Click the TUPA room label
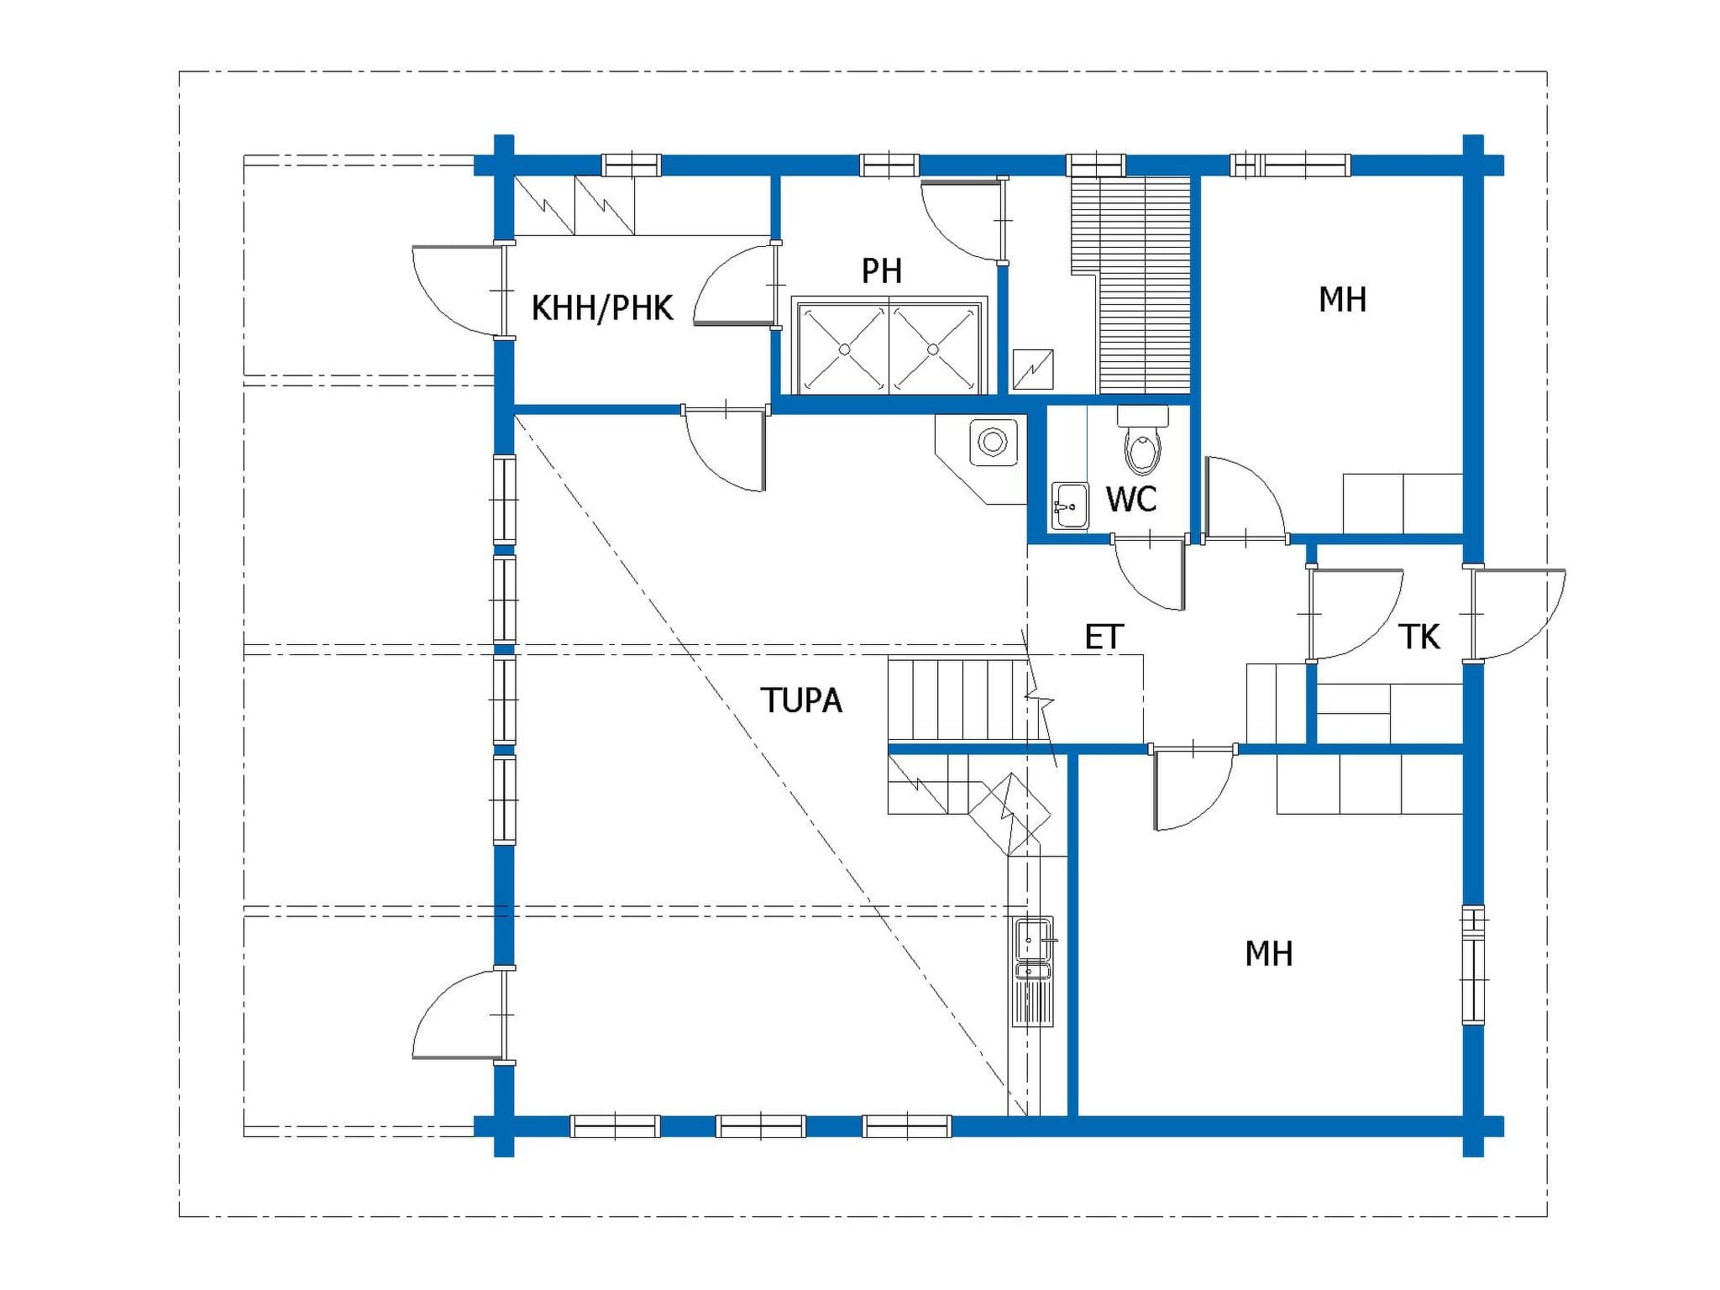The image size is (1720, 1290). pyautogui.click(x=801, y=700)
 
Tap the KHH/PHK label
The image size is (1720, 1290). pyautogui.click(x=602, y=308)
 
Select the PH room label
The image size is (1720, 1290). pyautogui.click(x=882, y=271)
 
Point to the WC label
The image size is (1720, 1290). pyautogui.click(x=1131, y=499)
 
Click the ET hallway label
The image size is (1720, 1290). pyautogui.click(x=1104, y=637)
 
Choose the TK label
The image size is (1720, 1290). pyautogui.click(x=1419, y=637)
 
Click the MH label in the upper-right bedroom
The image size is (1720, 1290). pyautogui.click(x=1342, y=300)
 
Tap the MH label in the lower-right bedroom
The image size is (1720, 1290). pyautogui.click(x=1268, y=954)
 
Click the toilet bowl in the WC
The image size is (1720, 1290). pyautogui.click(x=1142, y=443)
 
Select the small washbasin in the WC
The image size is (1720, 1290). pyautogui.click(x=1070, y=506)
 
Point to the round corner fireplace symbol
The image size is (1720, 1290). pyautogui.click(x=993, y=442)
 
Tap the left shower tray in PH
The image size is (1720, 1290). pyautogui.click(x=844, y=349)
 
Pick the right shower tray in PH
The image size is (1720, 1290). pyautogui.click(x=934, y=349)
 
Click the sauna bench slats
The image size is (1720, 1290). pyautogui.click(x=1131, y=285)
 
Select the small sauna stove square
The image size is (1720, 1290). pyautogui.click(x=1033, y=369)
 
